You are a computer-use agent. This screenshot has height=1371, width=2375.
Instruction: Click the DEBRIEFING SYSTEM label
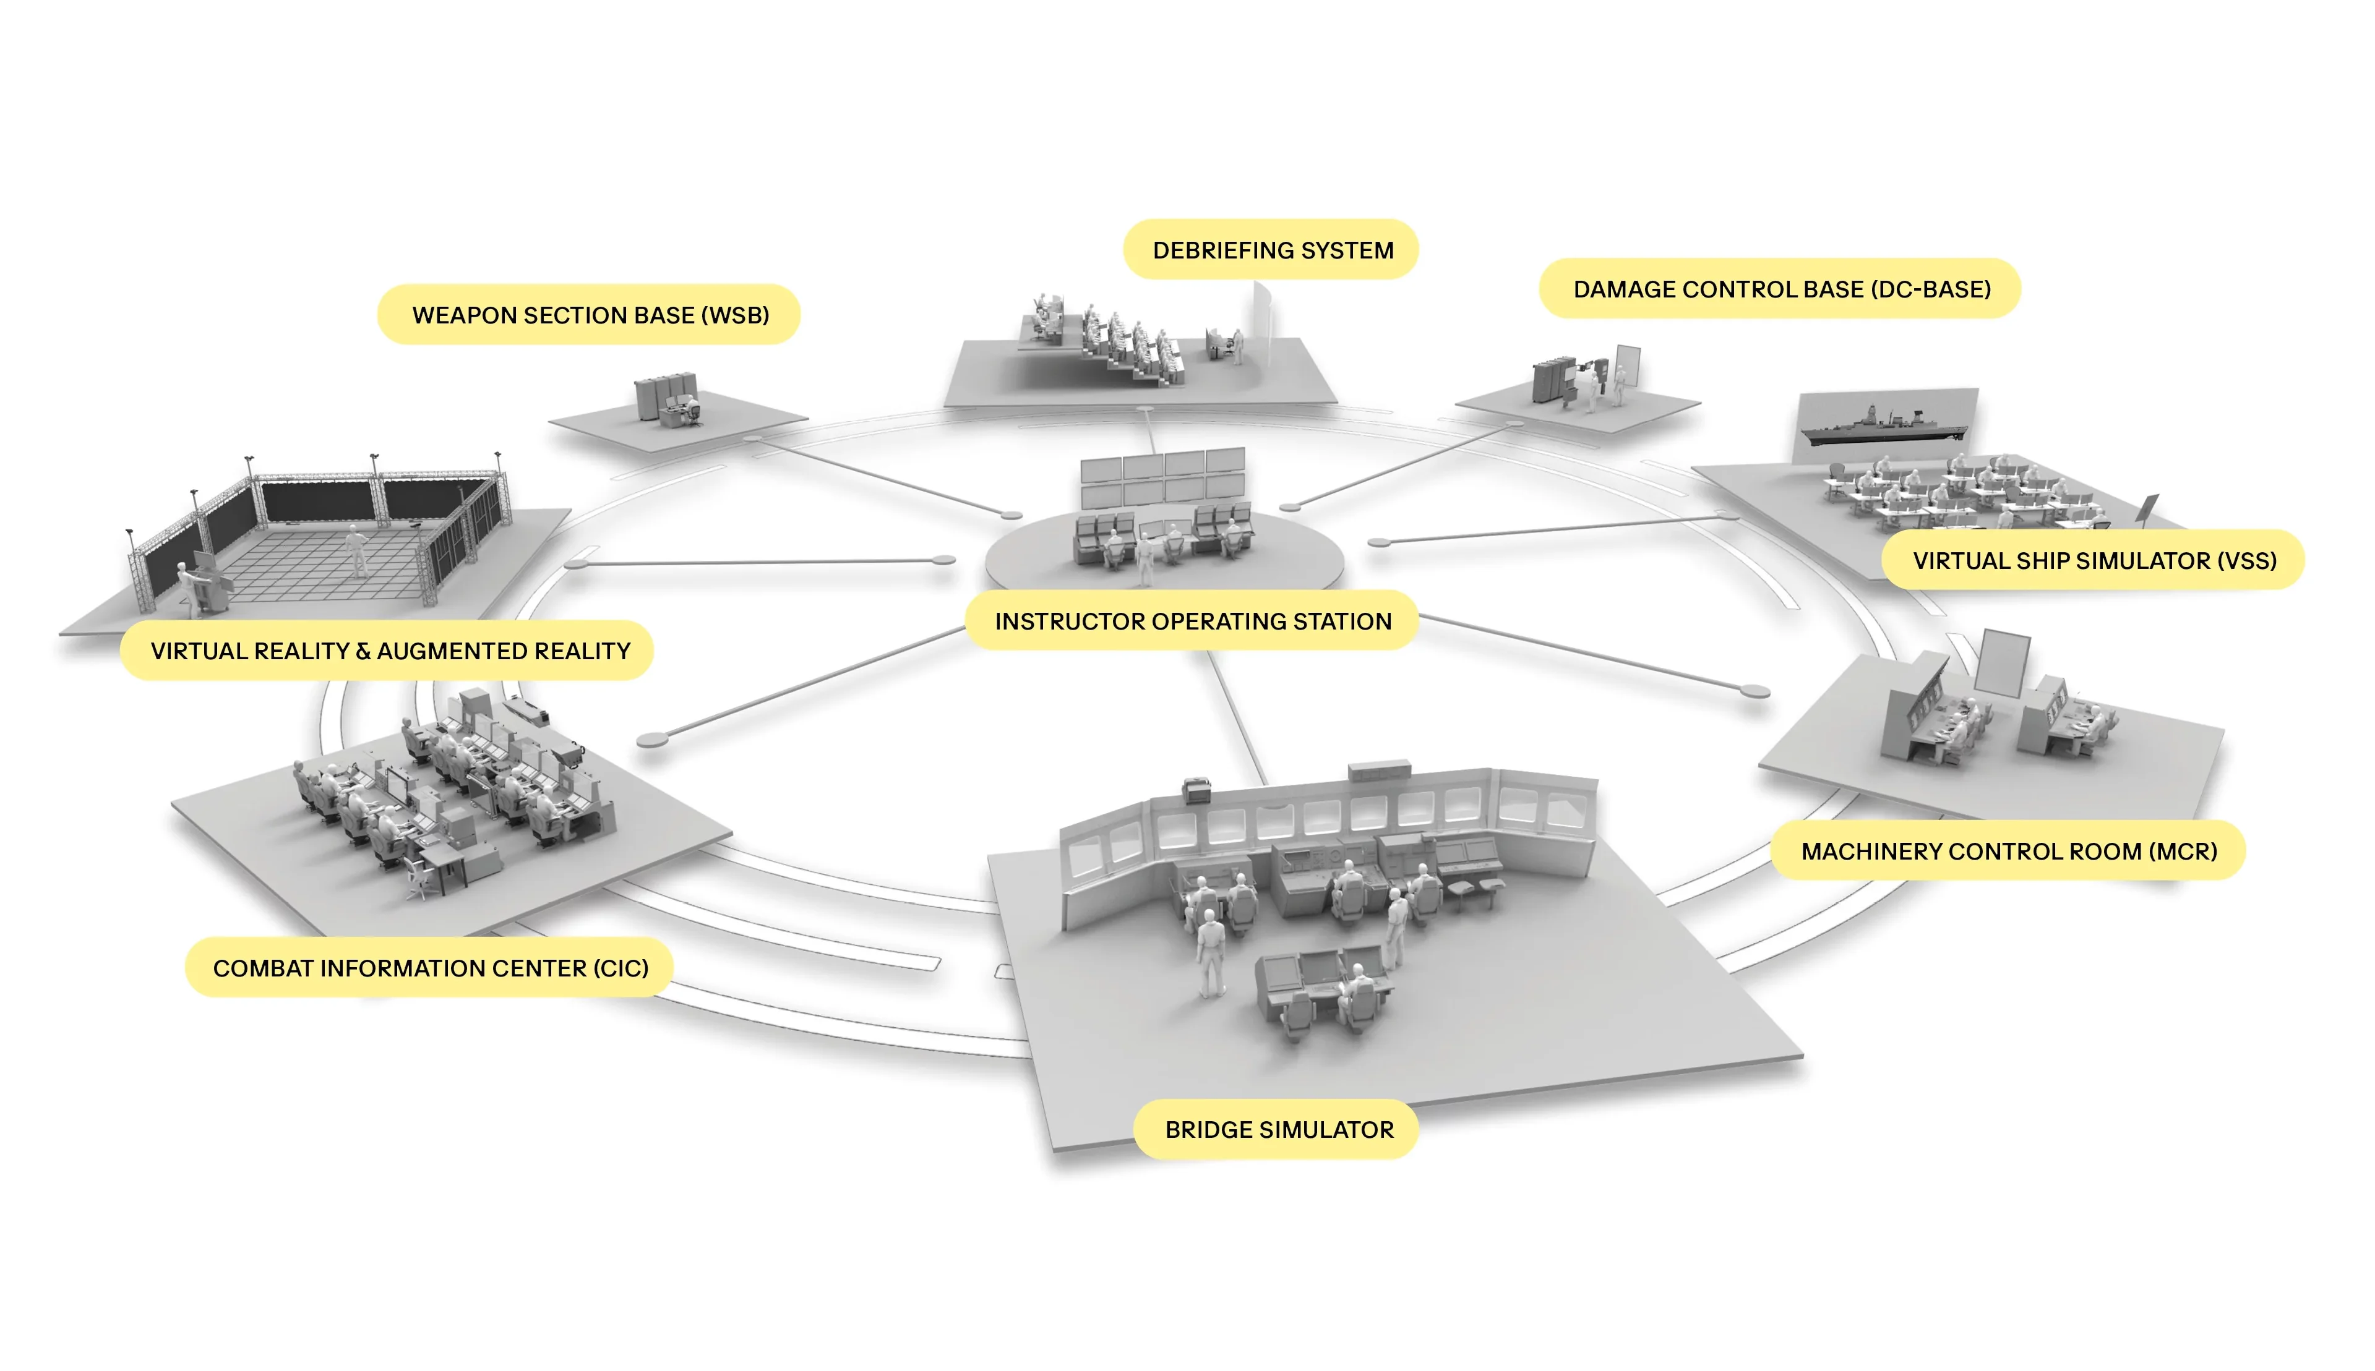coord(1271,250)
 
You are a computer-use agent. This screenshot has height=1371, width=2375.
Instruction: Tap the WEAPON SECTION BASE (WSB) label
coord(590,315)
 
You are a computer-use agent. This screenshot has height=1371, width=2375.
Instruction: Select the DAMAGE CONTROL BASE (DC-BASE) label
coord(1780,289)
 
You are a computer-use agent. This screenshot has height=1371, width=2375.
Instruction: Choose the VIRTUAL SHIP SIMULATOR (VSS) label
coord(2094,560)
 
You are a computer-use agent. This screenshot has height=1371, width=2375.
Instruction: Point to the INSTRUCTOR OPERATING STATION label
coord(1192,620)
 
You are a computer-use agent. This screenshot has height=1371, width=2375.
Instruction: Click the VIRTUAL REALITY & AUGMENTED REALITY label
coord(387,651)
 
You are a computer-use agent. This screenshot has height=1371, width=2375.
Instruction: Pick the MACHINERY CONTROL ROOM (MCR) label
coord(2009,851)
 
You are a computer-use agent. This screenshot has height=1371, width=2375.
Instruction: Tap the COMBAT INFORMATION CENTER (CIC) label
coord(429,968)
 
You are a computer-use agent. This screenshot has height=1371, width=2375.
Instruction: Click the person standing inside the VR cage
coord(357,550)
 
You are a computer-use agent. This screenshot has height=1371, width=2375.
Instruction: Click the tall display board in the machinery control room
coord(2002,663)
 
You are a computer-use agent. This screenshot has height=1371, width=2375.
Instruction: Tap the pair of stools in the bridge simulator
coord(1475,891)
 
